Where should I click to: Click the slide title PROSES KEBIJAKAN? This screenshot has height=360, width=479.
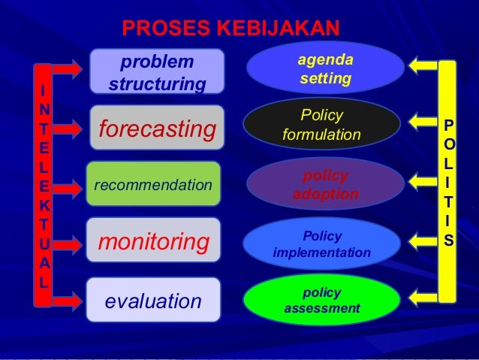[x=230, y=29]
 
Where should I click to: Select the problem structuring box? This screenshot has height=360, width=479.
[x=156, y=72]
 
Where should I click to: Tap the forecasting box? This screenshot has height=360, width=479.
[x=156, y=129]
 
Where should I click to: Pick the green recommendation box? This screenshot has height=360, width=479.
[x=153, y=183]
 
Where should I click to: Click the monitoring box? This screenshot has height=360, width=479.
[x=153, y=242]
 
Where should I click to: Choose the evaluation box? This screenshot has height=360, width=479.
[x=153, y=301]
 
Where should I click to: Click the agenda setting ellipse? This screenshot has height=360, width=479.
[x=325, y=68]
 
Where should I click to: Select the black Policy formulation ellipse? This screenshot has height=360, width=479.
[x=321, y=125]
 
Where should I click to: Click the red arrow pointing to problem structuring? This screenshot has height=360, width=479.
[x=67, y=68]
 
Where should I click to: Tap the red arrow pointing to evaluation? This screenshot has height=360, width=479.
[x=67, y=301]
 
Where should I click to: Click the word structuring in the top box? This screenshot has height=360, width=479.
[x=156, y=83]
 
